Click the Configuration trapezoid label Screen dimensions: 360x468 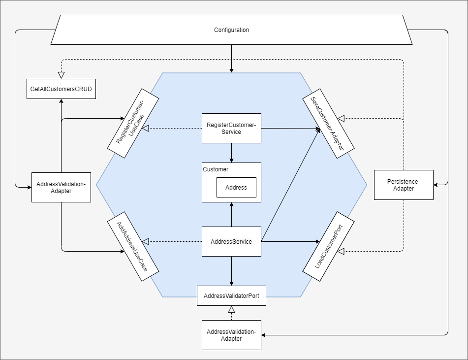click(x=231, y=30)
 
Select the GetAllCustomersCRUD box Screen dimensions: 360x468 click(x=61, y=89)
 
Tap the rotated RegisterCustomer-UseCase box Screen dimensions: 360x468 click(x=133, y=123)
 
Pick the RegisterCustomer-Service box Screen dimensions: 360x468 click(x=231, y=129)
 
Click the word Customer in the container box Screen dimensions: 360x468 click(x=216, y=169)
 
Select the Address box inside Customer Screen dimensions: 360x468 click(x=236, y=188)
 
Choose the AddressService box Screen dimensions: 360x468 click(x=231, y=242)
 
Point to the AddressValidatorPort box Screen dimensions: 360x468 click(x=231, y=296)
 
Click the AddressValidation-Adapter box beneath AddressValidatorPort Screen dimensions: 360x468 click(x=231, y=335)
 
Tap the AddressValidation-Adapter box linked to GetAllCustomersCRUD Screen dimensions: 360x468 click(x=61, y=188)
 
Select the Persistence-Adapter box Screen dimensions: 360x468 click(x=404, y=185)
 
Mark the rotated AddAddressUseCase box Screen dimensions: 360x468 click(x=133, y=246)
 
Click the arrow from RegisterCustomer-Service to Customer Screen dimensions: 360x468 click(x=231, y=153)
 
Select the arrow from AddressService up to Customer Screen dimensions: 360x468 click(x=231, y=214)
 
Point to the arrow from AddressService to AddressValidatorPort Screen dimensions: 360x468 click(x=231, y=271)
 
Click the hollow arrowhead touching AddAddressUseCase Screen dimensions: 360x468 click(x=145, y=242)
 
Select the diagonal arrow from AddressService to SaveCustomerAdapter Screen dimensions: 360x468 click(x=290, y=185)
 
